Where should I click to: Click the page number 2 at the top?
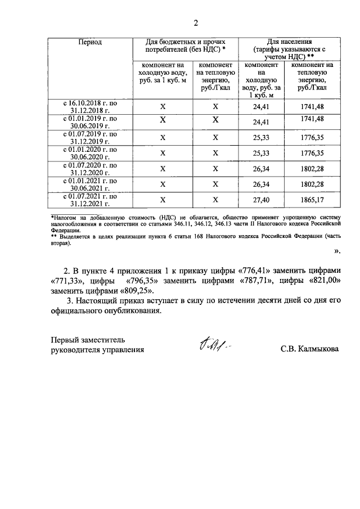point(196,23)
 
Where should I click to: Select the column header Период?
point(90,42)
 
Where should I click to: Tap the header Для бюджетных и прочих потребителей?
point(185,46)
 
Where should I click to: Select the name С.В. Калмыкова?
point(310,349)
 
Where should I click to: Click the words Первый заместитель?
point(84,340)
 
